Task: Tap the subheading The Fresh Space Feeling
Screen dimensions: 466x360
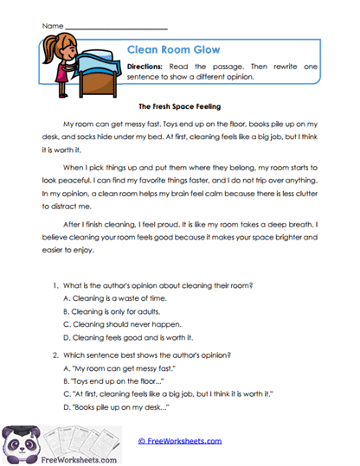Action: [179, 107]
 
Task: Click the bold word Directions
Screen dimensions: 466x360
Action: [149, 67]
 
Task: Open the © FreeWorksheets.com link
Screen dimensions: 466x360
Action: [179, 440]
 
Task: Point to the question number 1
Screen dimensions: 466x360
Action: [55, 284]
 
